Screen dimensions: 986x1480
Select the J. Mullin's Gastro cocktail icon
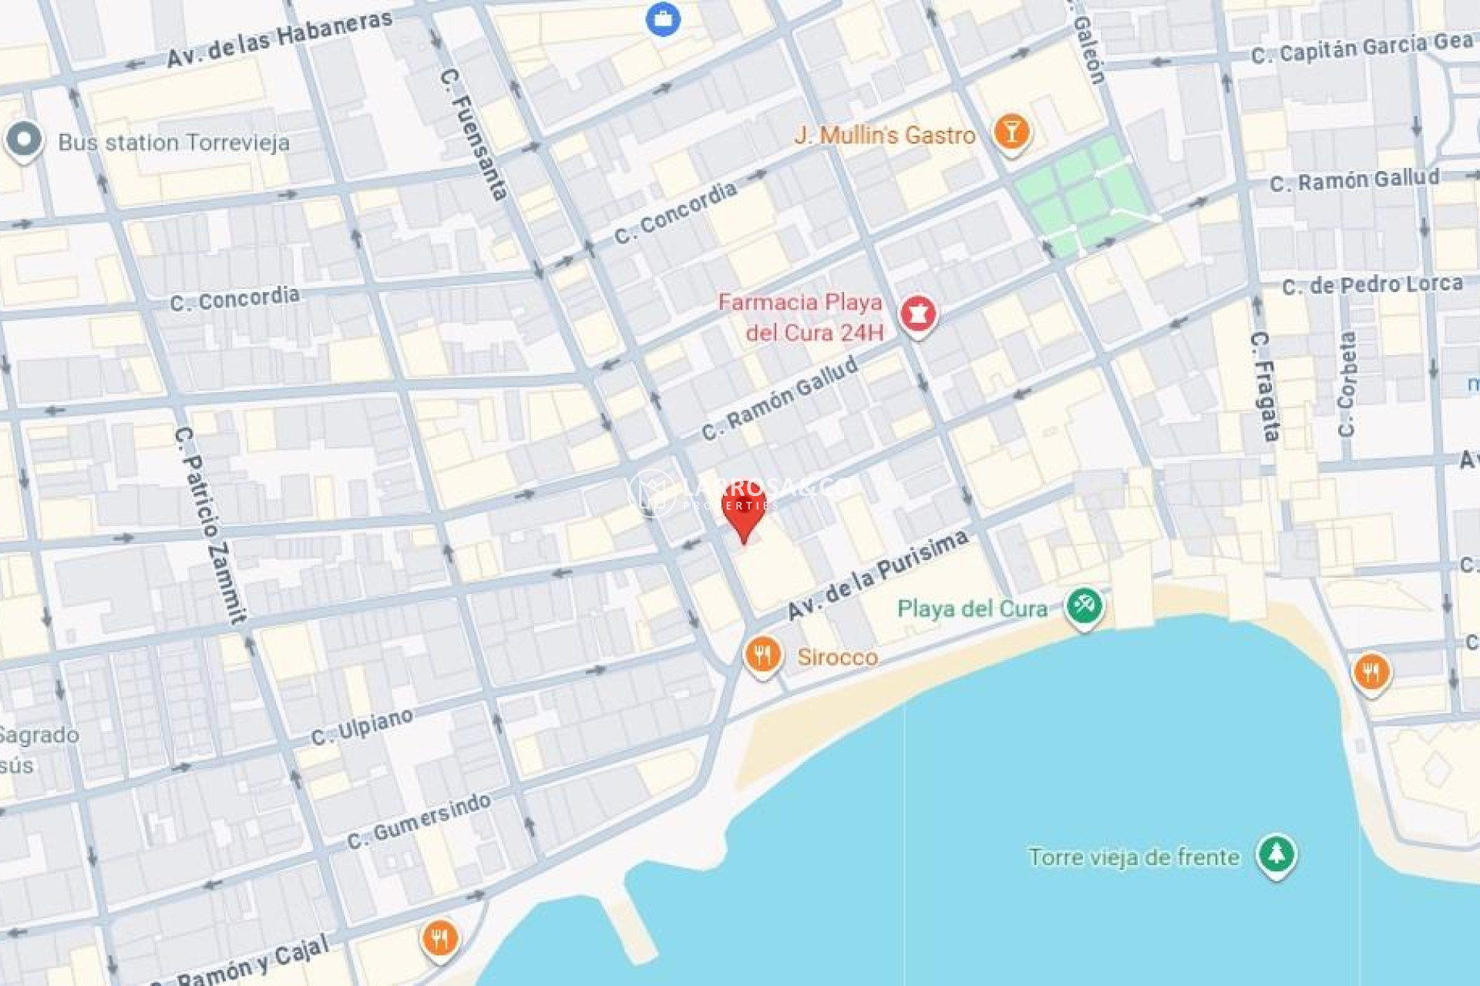point(1011,132)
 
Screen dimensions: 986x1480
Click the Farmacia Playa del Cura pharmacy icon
point(917,314)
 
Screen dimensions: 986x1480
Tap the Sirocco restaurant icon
point(762,656)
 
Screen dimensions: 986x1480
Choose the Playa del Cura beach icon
point(1084,606)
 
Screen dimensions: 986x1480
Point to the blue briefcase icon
point(663,19)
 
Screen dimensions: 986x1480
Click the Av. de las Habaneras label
point(279,39)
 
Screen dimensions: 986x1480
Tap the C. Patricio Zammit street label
point(210,524)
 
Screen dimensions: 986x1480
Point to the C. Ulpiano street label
point(362,726)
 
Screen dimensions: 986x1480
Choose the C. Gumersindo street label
point(419,821)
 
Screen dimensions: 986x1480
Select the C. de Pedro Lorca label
point(1372,285)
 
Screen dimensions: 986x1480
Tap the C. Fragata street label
point(1264,386)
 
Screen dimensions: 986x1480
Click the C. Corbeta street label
point(1347,384)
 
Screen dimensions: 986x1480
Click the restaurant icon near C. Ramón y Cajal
point(439,939)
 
